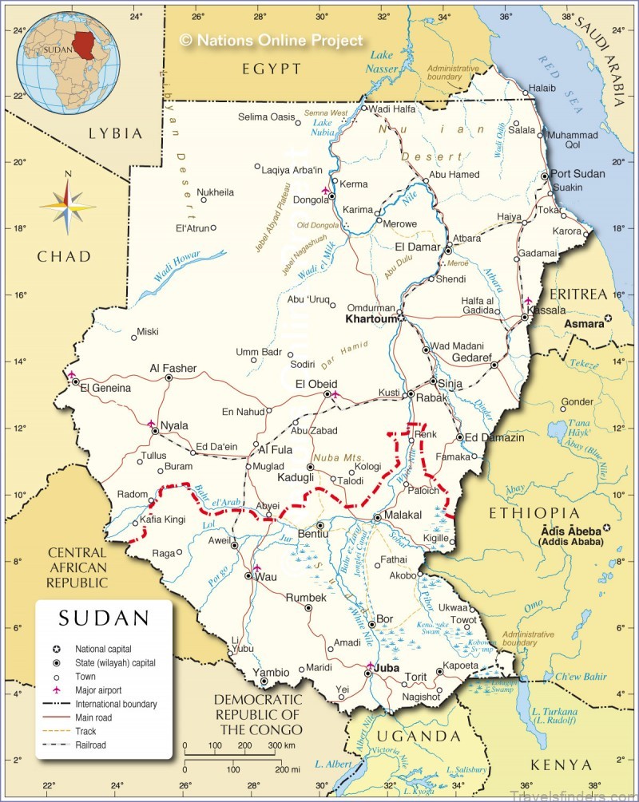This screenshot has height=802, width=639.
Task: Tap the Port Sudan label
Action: point(577,174)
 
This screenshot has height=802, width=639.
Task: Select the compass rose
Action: point(68,205)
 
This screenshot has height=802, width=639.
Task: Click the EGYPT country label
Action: point(272,69)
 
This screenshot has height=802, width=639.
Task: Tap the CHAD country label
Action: point(63,256)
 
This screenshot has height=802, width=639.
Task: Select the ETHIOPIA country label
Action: point(534,512)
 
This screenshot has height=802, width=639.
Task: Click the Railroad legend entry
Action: point(91,745)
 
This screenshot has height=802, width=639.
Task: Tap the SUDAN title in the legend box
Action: point(104,618)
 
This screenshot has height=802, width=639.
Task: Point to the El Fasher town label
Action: point(173,369)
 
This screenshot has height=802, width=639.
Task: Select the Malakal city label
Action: point(403,516)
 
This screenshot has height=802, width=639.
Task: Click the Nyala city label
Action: point(174,425)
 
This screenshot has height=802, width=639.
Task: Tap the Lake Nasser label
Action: point(383,62)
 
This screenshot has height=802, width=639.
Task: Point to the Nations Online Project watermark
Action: point(271,40)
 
